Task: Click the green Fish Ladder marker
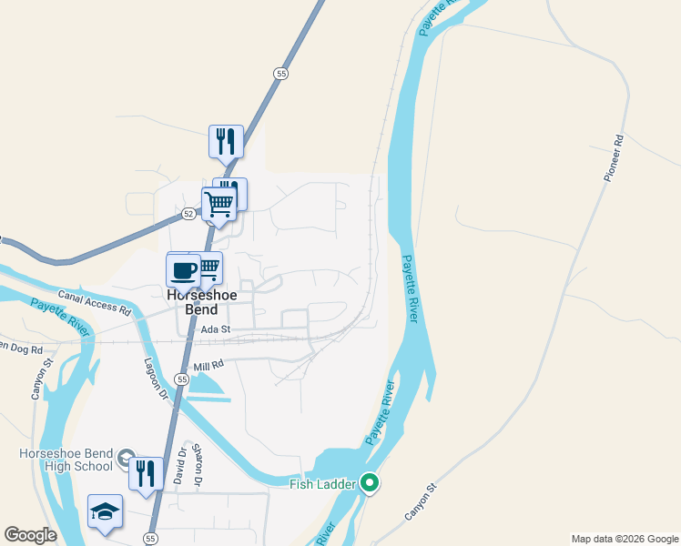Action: click(x=369, y=483)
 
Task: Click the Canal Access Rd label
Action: click(x=95, y=301)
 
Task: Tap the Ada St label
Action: click(x=216, y=329)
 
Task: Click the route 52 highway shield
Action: click(x=188, y=214)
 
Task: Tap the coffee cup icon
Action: click(x=183, y=270)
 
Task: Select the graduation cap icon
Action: click(x=105, y=511)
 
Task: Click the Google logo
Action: click(x=30, y=535)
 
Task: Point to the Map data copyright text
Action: click(x=625, y=539)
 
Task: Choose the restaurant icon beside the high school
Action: click(x=146, y=472)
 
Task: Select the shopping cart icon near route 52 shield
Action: click(x=219, y=204)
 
